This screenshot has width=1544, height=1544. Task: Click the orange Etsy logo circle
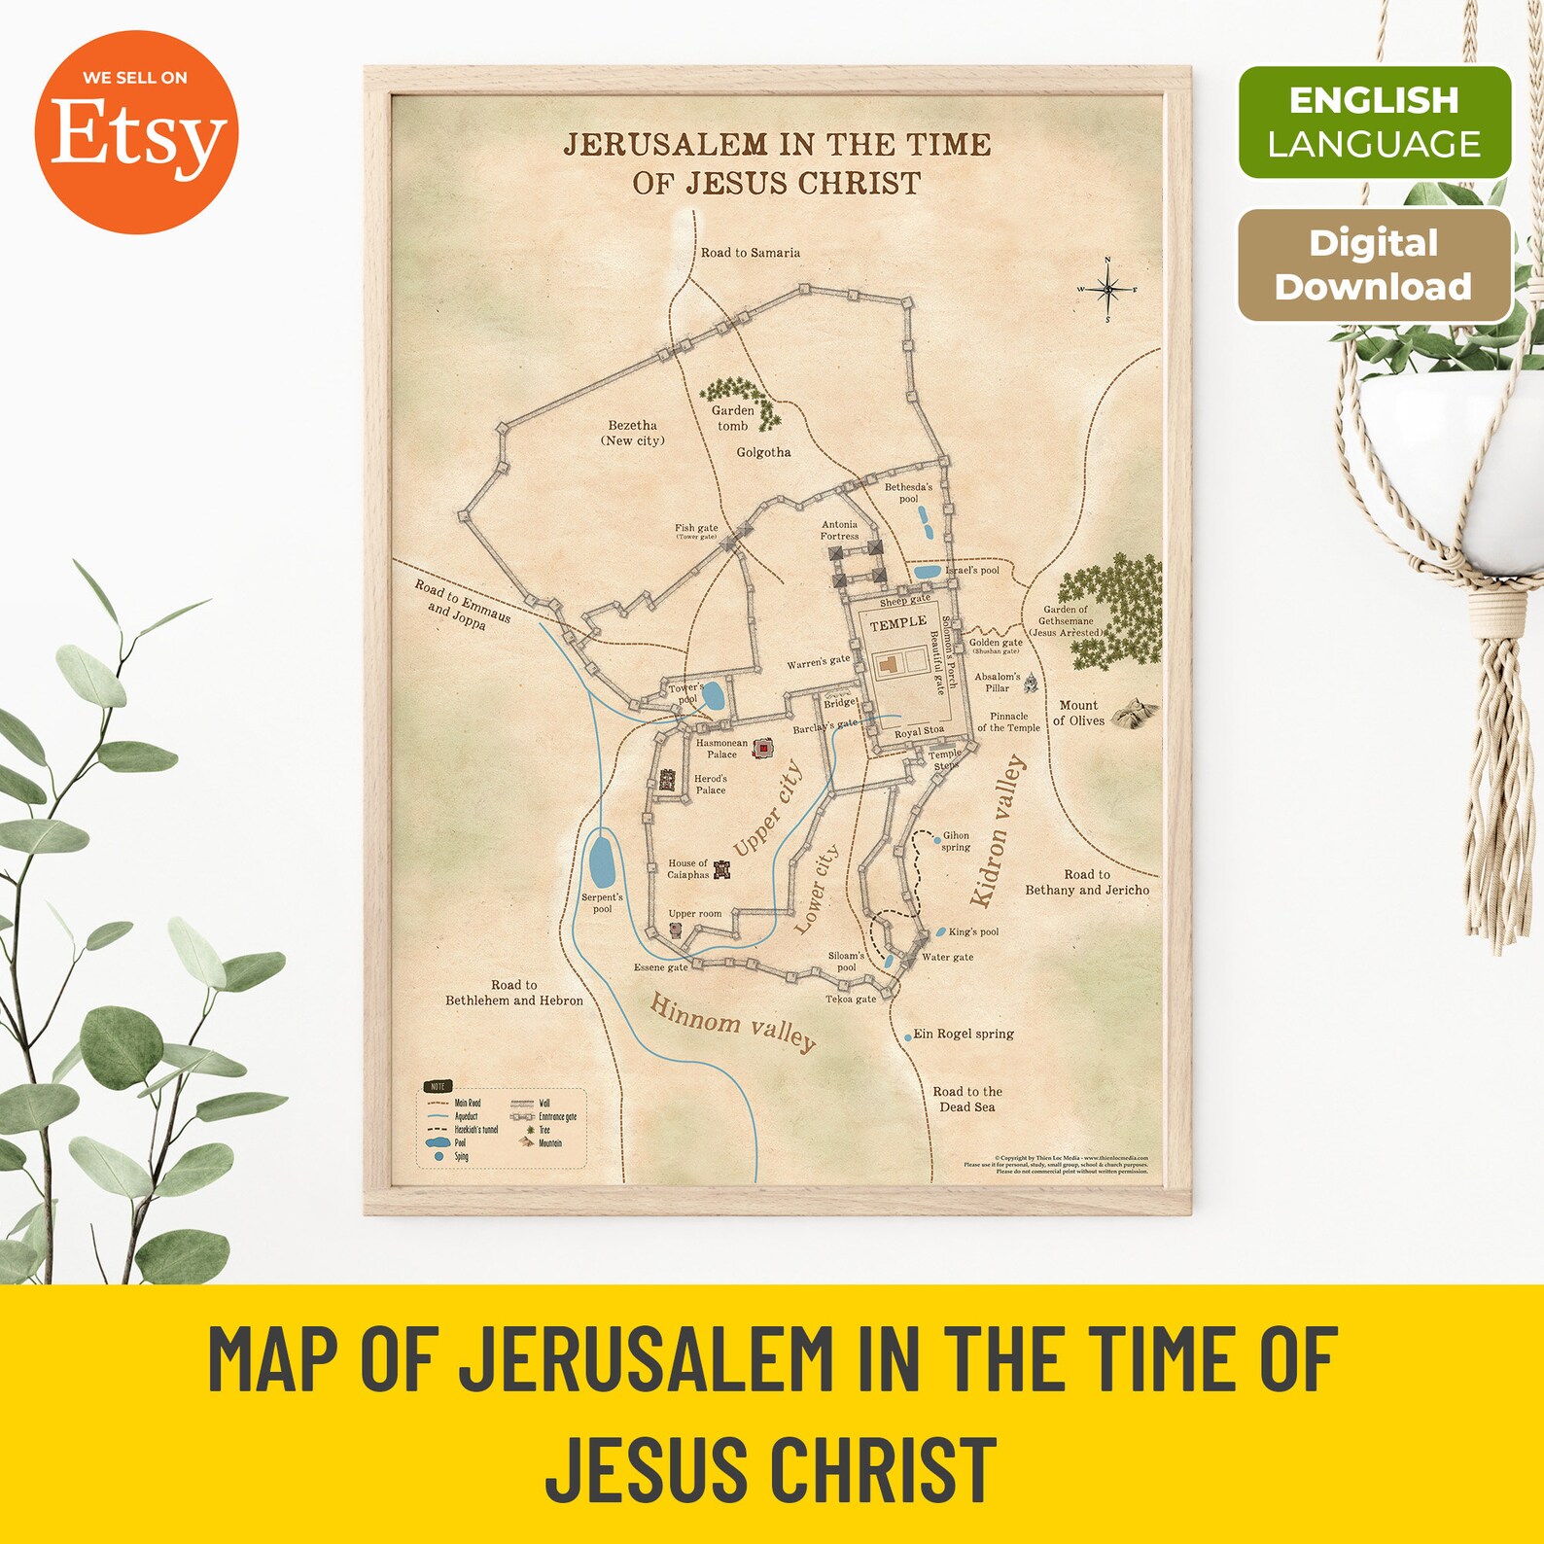(x=136, y=132)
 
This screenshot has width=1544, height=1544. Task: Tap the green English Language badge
(x=1374, y=123)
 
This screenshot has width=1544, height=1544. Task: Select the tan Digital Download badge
(x=1373, y=264)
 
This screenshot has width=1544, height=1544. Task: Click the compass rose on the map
(x=1107, y=290)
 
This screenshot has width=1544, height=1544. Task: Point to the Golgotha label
(x=763, y=452)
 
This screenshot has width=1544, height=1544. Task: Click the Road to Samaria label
(x=751, y=253)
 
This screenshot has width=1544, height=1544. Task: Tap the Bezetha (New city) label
(x=632, y=433)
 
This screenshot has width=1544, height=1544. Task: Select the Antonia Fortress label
(x=839, y=530)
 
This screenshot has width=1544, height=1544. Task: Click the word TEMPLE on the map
(x=897, y=623)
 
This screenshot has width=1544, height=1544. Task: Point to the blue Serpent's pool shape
(x=602, y=861)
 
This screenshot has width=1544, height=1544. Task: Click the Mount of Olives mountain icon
(x=1134, y=713)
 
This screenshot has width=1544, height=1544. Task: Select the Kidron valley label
(x=998, y=831)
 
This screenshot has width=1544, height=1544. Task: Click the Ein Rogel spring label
(x=963, y=1034)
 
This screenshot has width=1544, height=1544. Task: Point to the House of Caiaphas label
(x=688, y=869)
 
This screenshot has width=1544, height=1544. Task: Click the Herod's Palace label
(x=710, y=785)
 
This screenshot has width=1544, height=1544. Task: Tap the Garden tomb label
(x=733, y=418)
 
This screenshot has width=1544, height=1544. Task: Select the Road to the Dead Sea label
(x=967, y=1100)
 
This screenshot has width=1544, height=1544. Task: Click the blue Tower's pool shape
(x=713, y=696)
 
